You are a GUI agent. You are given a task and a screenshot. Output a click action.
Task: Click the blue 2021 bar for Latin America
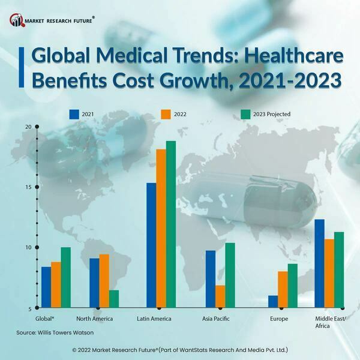click(x=152, y=245)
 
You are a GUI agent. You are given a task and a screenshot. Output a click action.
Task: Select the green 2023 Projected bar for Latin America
click(x=171, y=224)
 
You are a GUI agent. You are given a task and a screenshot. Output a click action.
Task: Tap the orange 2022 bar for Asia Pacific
click(x=220, y=296)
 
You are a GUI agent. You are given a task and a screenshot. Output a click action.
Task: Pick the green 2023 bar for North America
click(x=113, y=299)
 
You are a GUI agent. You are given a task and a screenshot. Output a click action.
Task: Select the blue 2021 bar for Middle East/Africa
click(x=319, y=263)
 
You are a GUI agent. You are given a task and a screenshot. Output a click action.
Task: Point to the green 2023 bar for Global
click(x=65, y=277)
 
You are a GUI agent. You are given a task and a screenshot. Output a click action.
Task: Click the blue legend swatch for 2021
click(x=75, y=113)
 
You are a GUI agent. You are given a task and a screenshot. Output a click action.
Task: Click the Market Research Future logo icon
click(x=16, y=22)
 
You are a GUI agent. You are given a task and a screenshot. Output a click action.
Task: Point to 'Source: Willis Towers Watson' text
click(x=55, y=332)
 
